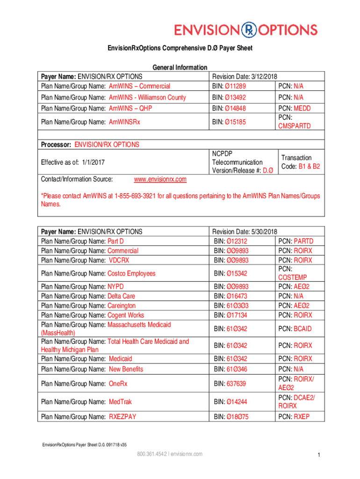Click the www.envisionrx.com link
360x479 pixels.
tap(160, 179)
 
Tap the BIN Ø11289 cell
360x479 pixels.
tap(229, 86)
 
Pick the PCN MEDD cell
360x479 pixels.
tap(294, 108)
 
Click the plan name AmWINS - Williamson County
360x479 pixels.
tap(147, 97)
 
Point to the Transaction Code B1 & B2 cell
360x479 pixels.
tap(300, 162)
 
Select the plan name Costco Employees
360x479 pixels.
tap(131, 273)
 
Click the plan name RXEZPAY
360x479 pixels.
tap(122, 416)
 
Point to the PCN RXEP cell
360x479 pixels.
tap(294, 416)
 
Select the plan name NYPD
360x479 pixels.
tap(115, 286)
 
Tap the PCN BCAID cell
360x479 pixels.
tap(295, 329)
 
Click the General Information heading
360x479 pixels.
tap(180, 68)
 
